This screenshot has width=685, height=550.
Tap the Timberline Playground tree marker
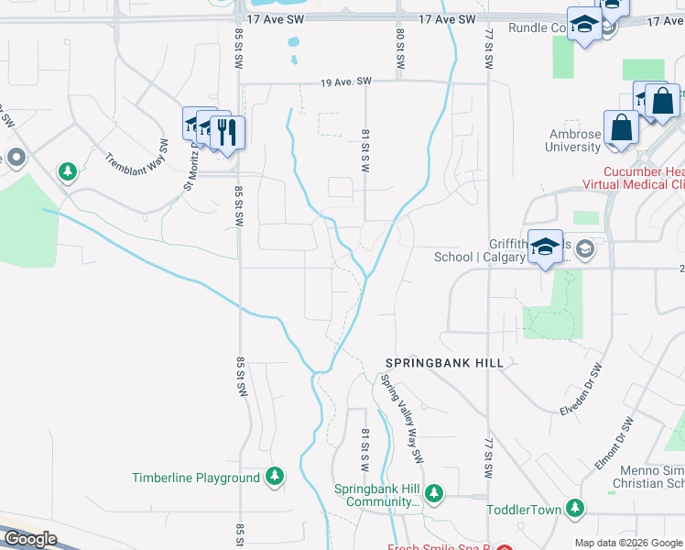pos(274,477)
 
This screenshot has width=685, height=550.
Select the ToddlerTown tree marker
pos(574,508)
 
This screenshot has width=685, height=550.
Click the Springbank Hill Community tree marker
pos(433,495)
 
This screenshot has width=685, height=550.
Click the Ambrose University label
pos(573,140)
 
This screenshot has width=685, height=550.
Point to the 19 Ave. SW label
pos(346,82)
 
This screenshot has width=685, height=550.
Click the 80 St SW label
pos(400,48)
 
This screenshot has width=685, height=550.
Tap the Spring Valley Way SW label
pos(404,418)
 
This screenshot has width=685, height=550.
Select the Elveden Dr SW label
pos(581,390)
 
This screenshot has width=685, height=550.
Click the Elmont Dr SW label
pos(614,444)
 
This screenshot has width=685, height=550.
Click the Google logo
pos(29,539)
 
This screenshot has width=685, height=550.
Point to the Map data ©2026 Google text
pos(628,543)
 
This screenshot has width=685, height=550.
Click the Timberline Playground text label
pos(196,478)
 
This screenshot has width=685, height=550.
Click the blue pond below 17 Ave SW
pos(293,42)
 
